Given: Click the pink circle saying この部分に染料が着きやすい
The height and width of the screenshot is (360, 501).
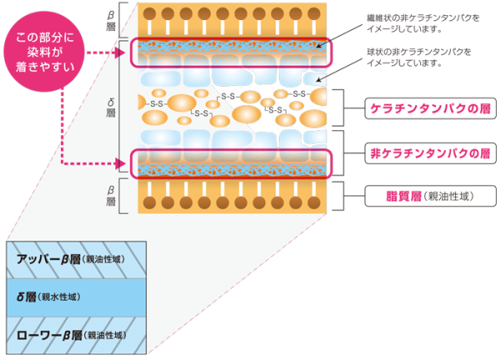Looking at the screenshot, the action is [x=44, y=52].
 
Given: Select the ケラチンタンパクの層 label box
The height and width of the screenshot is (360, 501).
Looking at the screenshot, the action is [x=430, y=109].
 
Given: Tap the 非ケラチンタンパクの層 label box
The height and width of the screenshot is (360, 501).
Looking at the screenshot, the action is [x=430, y=154].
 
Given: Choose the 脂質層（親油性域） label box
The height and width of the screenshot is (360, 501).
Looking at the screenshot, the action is [x=430, y=196].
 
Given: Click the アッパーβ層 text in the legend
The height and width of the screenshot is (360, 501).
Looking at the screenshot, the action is [x=48, y=259].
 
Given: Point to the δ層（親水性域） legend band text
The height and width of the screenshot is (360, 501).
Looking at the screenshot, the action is [x=48, y=297].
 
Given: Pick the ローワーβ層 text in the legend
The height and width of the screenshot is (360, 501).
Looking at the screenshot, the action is [x=49, y=336].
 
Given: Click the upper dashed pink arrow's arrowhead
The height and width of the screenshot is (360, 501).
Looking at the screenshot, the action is [x=120, y=53].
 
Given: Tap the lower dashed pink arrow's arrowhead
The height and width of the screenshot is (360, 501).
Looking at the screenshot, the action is [x=120, y=164].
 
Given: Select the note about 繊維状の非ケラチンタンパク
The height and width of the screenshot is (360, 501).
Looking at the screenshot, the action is [x=423, y=23].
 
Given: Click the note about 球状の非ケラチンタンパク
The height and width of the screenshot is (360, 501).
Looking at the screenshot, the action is [x=419, y=58].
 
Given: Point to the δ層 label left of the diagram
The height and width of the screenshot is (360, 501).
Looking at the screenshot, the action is [x=110, y=108].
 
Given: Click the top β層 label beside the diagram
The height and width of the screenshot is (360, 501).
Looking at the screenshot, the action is [x=110, y=20].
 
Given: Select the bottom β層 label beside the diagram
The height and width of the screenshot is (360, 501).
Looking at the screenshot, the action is [x=110, y=195].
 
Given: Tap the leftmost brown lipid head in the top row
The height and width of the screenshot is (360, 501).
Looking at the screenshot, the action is [x=149, y=13].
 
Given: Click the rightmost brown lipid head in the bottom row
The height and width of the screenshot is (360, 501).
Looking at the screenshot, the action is [x=314, y=203].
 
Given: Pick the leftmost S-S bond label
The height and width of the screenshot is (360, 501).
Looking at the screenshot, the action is [x=157, y=104].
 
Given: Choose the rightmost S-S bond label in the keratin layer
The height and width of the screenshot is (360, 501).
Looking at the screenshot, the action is [x=299, y=94].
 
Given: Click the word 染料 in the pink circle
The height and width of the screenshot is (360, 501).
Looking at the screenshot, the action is [x=36, y=52].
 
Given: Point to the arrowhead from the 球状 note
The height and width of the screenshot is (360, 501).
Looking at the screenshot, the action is [x=318, y=79].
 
